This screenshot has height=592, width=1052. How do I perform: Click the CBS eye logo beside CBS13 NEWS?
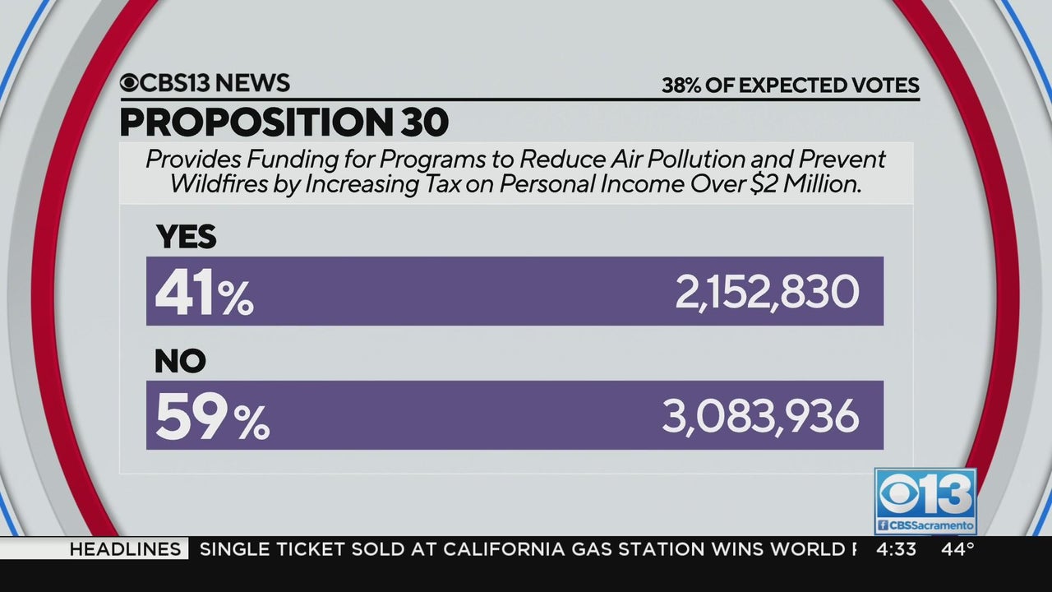[130, 83]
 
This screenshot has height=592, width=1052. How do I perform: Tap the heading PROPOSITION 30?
[284, 122]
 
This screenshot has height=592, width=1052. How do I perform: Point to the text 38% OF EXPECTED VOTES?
[790, 86]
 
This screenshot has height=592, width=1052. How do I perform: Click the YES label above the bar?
[187, 237]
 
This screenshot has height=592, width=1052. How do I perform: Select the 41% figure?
[205, 293]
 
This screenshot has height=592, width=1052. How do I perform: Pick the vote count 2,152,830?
[767, 293]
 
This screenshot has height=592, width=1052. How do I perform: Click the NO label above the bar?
[180, 361]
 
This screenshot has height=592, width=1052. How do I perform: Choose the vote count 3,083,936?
[760, 417]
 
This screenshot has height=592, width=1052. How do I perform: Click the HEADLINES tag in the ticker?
[124, 548]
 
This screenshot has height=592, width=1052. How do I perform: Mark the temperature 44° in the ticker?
[957, 548]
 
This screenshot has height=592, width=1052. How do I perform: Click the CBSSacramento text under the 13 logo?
[930, 525]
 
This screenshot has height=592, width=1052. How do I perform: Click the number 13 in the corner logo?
[944, 494]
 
